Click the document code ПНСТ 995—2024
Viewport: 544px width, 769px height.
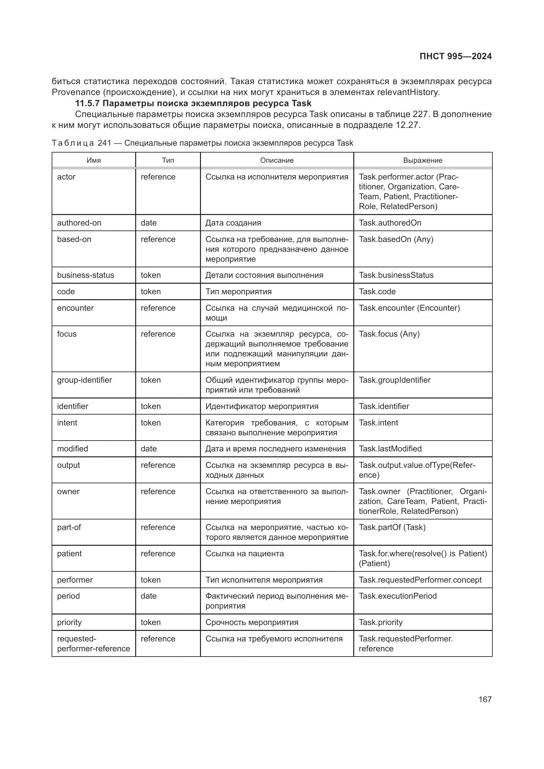tap(455, 56)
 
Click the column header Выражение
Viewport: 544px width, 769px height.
tap(422, 160)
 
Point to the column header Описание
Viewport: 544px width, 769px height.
tap(277, 160)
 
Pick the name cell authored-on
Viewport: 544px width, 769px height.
tap(79, 223)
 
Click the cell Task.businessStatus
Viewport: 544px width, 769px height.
tap(396, 275)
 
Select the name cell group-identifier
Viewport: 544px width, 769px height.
tap(85, 380)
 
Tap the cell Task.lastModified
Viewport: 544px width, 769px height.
tap(390, 448)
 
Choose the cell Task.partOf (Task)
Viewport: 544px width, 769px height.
tap(392, 527)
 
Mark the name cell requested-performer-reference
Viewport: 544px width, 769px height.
tap(93, 643)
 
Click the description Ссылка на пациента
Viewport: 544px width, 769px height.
tap(244, 553)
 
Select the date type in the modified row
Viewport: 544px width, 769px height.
tap(148, 448)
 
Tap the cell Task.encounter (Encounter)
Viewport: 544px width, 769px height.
tap(409, 308)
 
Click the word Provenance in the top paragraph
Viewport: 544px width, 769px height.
tap(76, 92)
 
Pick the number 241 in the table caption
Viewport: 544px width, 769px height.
tap(104, 143)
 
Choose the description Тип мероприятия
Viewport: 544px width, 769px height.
tap(238, 291)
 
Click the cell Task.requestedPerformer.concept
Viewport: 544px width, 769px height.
tap(420, 580)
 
